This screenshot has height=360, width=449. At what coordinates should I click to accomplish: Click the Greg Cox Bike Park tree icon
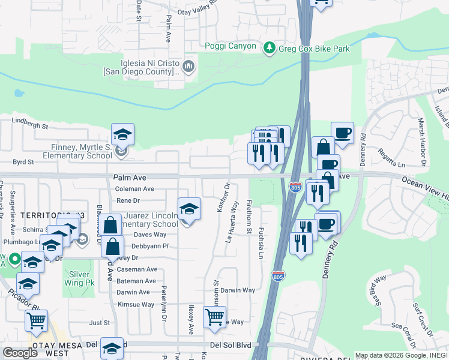(270, 47)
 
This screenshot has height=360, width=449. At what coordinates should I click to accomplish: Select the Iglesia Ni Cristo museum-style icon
(188, 65)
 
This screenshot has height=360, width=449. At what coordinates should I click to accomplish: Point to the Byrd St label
(23, 162)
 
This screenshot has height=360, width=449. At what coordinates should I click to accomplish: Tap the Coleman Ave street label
(134, 188)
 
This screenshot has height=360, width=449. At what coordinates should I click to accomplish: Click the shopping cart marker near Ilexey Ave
(214, 316)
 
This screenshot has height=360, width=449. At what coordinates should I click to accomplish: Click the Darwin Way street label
(238, 290)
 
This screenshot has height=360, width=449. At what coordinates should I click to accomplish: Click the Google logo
(20, 353)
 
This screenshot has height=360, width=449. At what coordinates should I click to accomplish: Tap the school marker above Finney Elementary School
(122, 134)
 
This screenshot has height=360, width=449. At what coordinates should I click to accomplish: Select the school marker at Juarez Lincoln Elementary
(189, 209)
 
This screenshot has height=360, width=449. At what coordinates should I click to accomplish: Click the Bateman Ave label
(136, 281)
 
